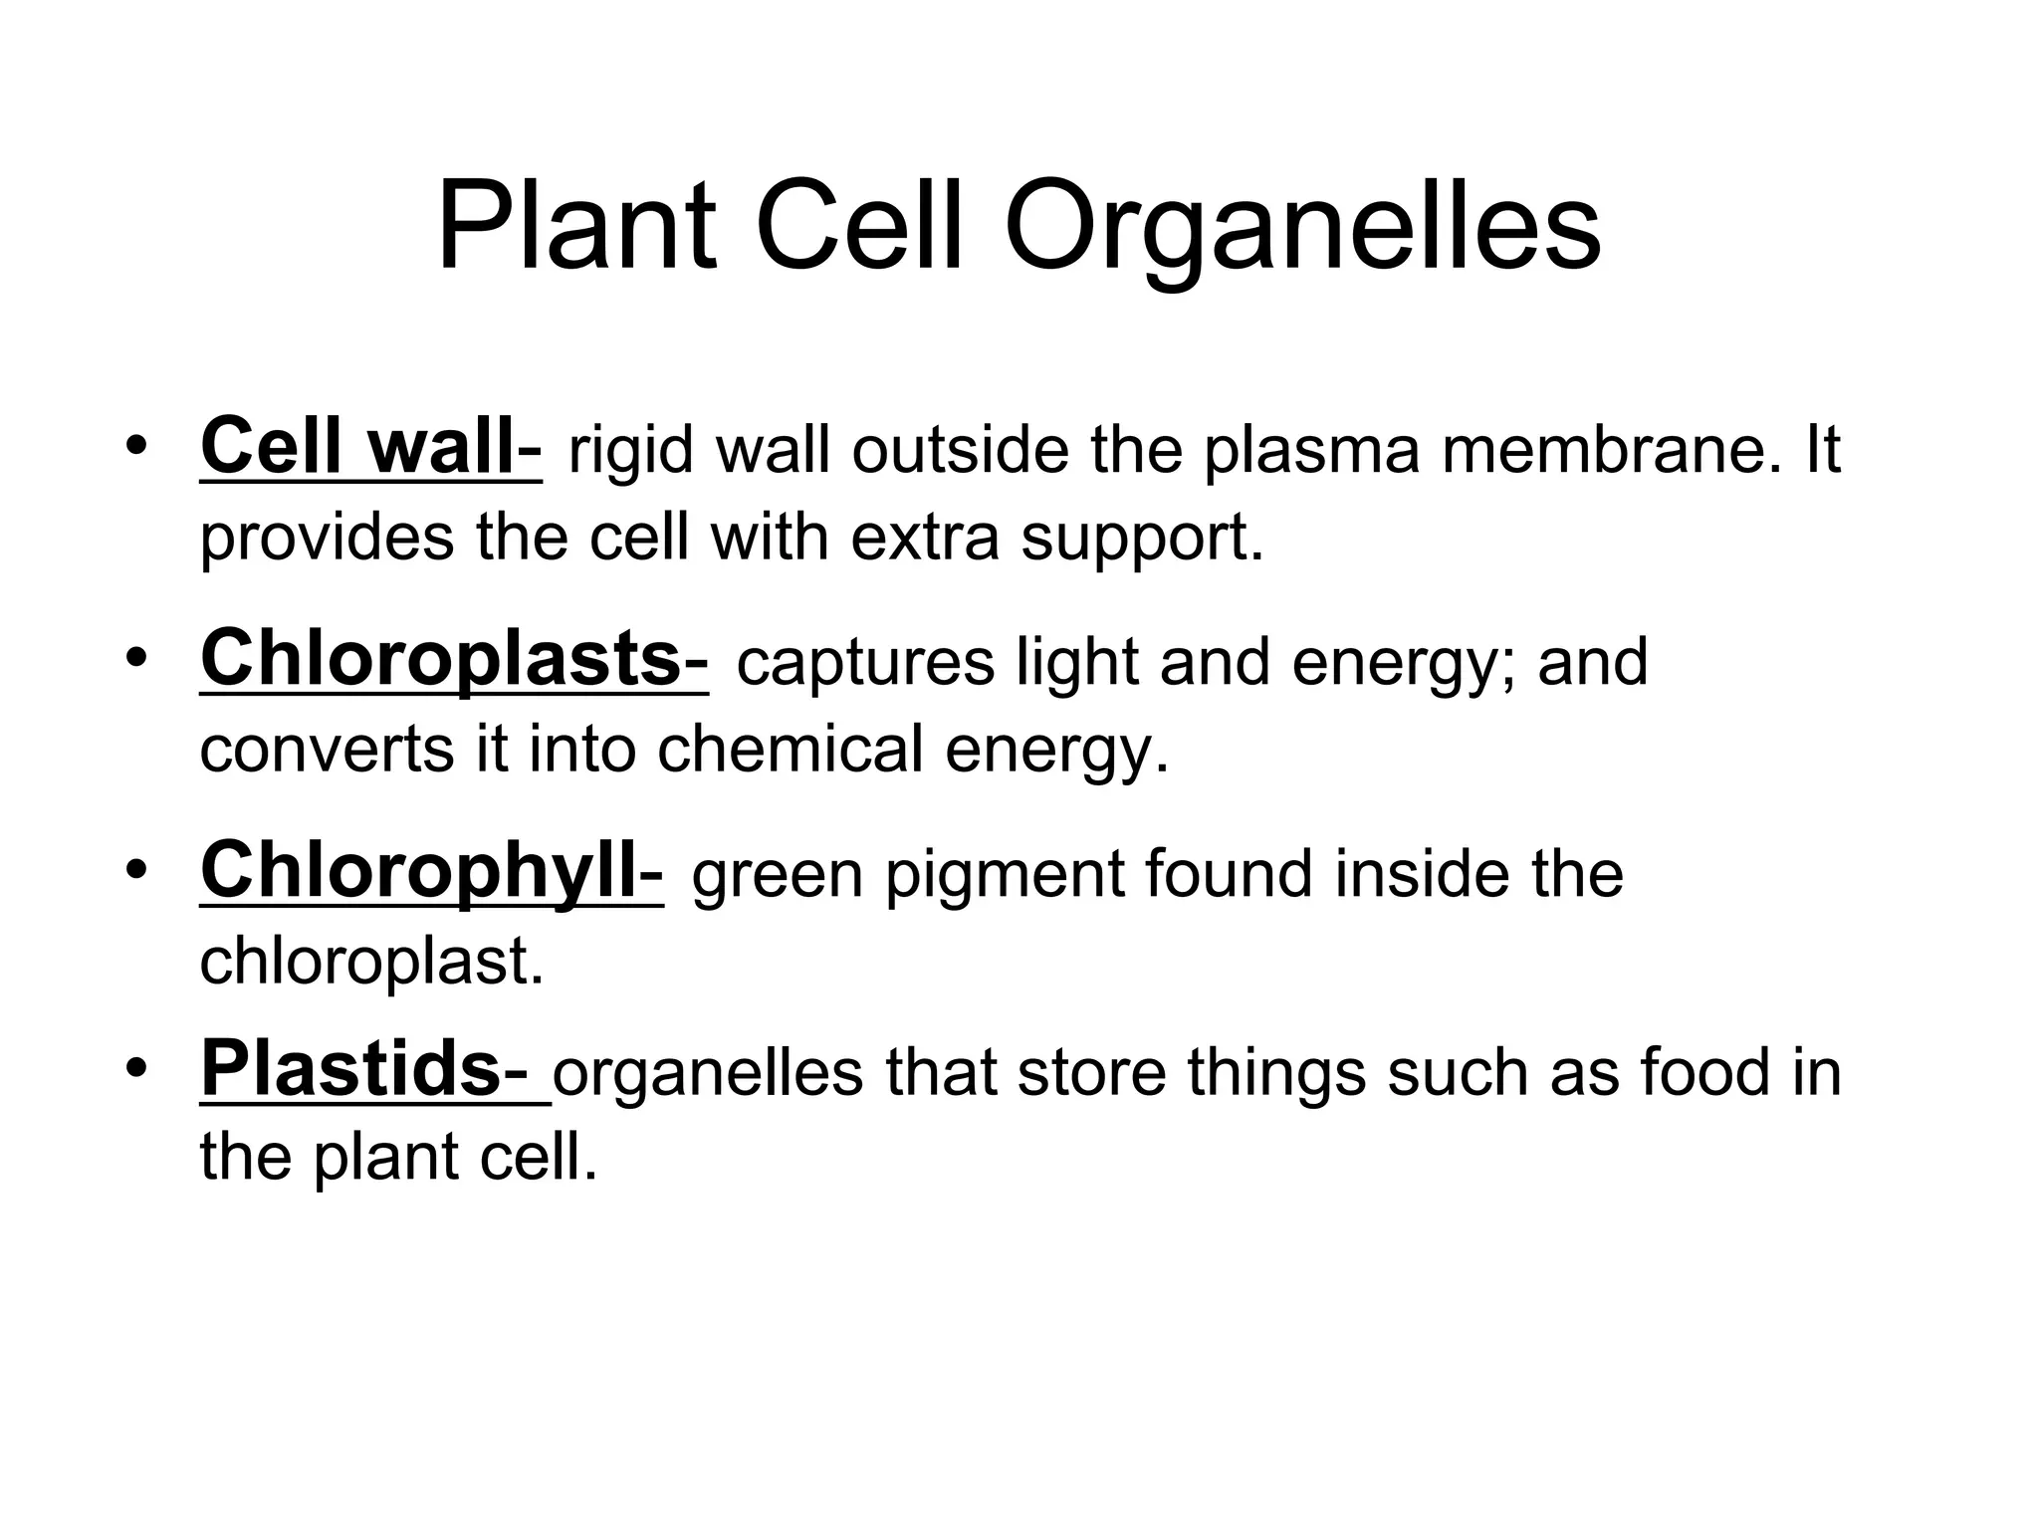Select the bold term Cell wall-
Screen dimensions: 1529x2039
pos(370,448)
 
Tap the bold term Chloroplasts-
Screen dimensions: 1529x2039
pos(454,659)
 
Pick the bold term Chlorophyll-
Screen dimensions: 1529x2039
pos(431,871)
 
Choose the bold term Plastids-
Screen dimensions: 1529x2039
pos(374,1070)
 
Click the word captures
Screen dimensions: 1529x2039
pos(865,663)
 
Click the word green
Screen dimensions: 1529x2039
pos(777,876)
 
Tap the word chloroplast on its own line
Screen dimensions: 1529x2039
pos(371,962)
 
